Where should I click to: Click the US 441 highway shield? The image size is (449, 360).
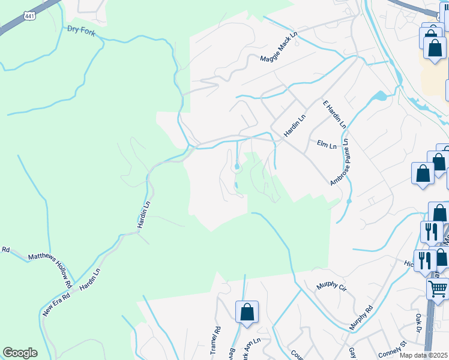(x=29, y=16)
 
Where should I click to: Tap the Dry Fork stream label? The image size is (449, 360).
(x=81, y=29)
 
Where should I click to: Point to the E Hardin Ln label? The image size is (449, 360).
(x=334, y=114)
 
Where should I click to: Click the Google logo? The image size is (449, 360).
(x=20, y=353)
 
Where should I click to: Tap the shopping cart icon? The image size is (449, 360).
(x=438, y=289)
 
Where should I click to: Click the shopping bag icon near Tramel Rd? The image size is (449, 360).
(x=247, y=312)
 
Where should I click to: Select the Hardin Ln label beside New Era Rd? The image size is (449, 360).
(x=89, y=279)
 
